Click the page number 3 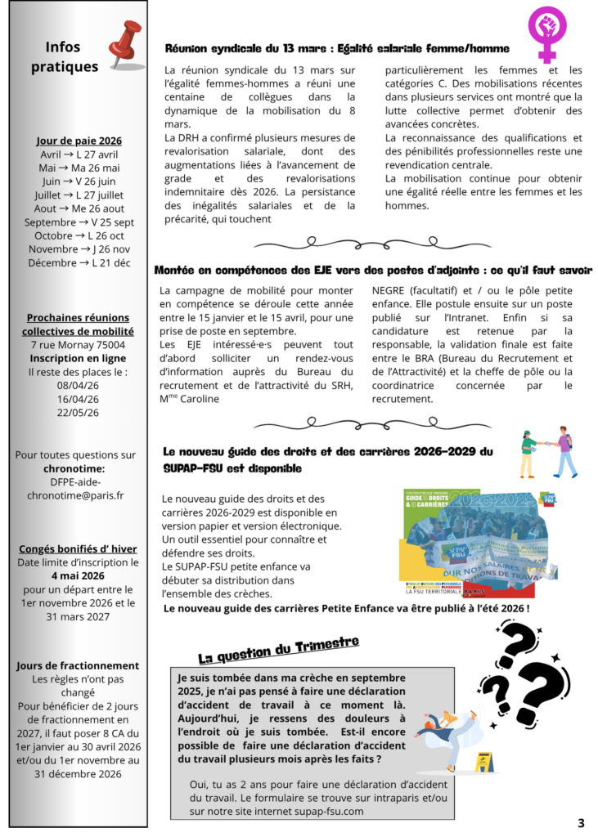point(581,822)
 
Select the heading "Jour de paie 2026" point(79,141)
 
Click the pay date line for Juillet point(79,195)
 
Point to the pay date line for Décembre point(79,262)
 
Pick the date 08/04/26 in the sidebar point(78,386)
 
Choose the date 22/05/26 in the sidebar point(78,413)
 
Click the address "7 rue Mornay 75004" point(79,345)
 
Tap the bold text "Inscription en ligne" point(79,358)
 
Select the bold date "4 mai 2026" point(78,575)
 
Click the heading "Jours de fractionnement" point(78,665)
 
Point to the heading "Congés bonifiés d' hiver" point(78,548)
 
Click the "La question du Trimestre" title point(278,649)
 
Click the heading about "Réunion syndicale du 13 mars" point(337,48)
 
